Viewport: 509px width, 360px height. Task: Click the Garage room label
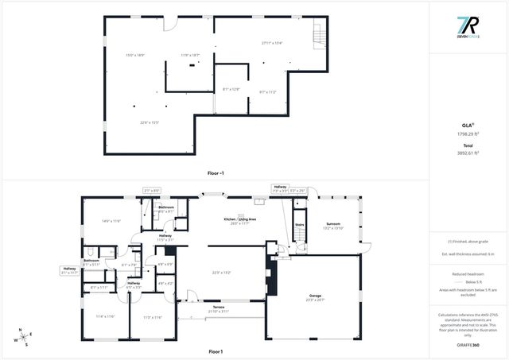coord(316,296)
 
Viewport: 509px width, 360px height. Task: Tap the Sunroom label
coord(333,224)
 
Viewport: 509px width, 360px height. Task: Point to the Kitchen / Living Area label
coord(240,219)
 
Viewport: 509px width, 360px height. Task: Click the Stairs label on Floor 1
coord(300,225)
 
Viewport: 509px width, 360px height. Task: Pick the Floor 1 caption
coord(216,350)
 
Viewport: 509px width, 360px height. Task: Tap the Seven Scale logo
coord(467,28)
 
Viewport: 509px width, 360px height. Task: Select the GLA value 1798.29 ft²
coord(467,134)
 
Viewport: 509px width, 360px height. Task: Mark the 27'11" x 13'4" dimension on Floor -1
coord(273,43)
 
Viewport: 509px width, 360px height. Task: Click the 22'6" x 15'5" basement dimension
coord(150,122)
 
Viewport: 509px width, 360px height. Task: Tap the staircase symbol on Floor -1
coord(320,36)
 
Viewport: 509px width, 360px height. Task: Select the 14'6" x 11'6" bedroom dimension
coord(111,221)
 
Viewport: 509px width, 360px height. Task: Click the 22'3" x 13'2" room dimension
coord(221,273)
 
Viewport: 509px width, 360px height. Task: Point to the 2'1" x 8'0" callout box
coord(152,190)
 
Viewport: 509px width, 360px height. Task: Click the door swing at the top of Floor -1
coord(171,25)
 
